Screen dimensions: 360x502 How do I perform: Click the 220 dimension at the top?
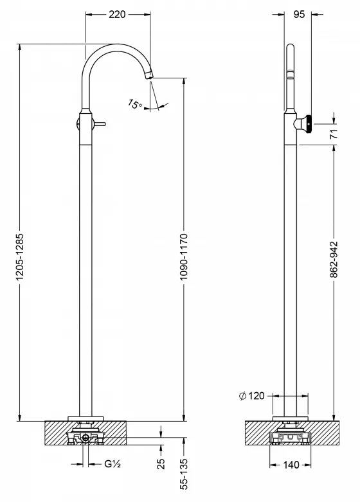click(x=117, y=14)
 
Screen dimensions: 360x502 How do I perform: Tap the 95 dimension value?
click(x=299, y=14)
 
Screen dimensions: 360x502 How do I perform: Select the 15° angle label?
click(x=135, y=104)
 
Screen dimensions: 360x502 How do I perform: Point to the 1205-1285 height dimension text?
click(x=20, y=256)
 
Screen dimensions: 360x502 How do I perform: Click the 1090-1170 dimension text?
click(x=183, y=256)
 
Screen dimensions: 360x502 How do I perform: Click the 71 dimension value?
click(x=334, y=134)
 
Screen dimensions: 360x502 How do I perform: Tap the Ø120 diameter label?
click(x=252, y=396)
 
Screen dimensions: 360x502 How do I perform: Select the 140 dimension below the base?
click(x=291, y=465)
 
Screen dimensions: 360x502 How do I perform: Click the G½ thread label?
click(x=113, y=463)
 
